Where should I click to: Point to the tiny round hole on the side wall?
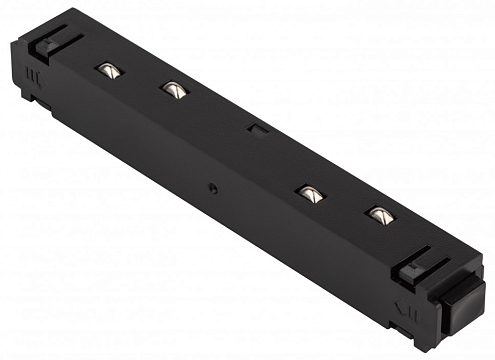(x=213, y=187)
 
